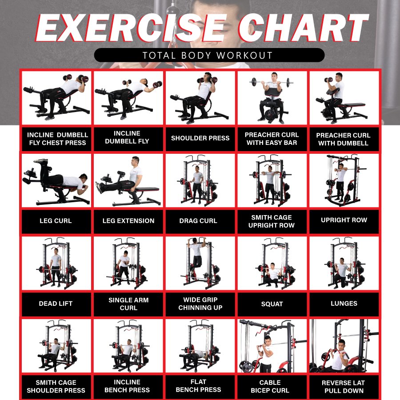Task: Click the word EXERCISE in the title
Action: coord(131,28)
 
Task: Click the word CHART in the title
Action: coord(304,28)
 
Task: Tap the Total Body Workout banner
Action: coord(209,55)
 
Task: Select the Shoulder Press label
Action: coord(200,138)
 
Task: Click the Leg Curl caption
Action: coord(56,221)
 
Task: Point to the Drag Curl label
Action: coord(198,221)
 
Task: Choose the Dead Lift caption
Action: coord(56,304)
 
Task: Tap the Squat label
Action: coord(272,304)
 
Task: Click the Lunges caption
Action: coord(344,303)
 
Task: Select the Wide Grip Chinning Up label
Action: coord(200,304)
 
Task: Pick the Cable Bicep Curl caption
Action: coord(270,387)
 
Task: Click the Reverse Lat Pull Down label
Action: coord(344,387)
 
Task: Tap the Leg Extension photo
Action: coord(128,180)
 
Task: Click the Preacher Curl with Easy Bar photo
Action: coord(272,98)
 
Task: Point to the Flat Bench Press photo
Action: coord(200,346)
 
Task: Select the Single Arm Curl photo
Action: coord(128,263)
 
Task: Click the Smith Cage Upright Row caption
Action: coord(272,221)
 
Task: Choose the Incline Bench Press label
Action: coord(127,386)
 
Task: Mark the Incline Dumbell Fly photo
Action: coord(128,98)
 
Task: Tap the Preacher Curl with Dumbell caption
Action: coord(344,139)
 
